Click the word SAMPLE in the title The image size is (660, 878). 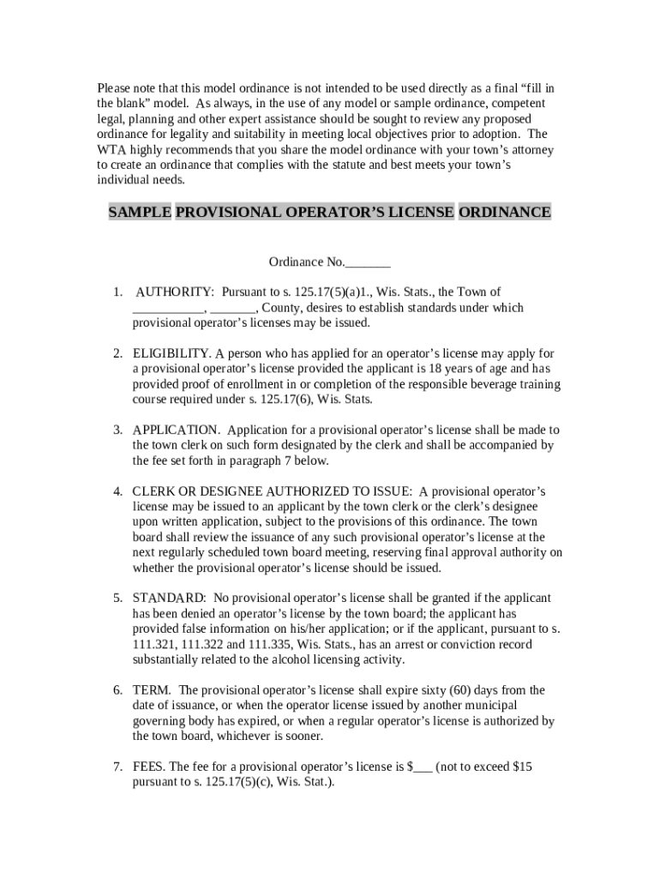(140, 212)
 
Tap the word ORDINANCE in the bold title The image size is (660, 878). (505, 212)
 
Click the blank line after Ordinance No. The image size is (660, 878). (369, 262)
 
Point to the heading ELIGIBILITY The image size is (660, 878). (171, 353)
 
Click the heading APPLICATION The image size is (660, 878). (176, 430)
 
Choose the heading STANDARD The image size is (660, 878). (169, 598)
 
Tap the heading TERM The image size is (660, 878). (152, 690)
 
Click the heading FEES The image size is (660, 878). (150, 767)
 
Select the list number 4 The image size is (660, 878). (117, 491)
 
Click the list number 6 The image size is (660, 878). (117, 690)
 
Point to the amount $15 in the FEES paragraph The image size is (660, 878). (522, 767)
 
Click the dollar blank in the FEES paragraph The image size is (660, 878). (420, 767)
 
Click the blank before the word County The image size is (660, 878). (232, 308)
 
